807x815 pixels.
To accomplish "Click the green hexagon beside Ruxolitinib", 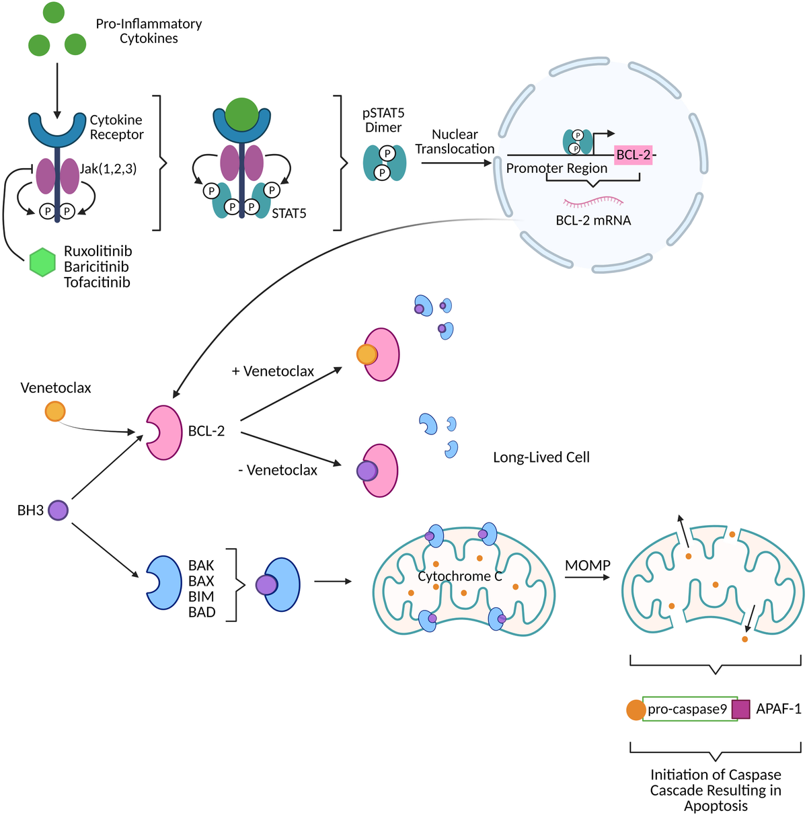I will click(x=42, y=263).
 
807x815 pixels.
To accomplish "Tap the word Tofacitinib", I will click(x=97, y=282).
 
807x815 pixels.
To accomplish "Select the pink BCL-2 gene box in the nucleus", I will click(x=633, y=155).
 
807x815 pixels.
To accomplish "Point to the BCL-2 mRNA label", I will click(x=593, y=221).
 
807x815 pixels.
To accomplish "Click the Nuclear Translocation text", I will click(x=455, y=142).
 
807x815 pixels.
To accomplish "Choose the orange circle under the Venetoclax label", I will click(x=55, y=411).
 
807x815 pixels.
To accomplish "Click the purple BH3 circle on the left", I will click(x=58, y=510).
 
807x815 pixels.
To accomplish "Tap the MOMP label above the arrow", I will click(x=587, y=566).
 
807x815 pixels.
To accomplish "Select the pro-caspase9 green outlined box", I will click(x=689, y=709).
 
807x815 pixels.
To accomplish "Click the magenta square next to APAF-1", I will click(x=740, y=709).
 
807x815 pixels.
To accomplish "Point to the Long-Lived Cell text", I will click(x=541, y=457).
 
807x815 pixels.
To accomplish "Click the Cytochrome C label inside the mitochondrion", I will click(x=460, y=576).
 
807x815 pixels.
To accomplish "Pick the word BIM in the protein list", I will click(x=201, y=596).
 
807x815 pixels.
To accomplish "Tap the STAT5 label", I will click(x=289, y=214).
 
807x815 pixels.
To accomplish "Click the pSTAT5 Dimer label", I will click(x=383, y=120).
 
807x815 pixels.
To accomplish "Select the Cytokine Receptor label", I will click(x=117, y=127).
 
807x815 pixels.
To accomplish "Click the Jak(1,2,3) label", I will click(x=108, y=169).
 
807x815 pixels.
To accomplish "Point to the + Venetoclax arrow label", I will click(x=273, y=371).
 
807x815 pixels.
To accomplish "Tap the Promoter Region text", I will click(x=557, y=168).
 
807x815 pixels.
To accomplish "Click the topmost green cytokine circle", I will click(x=54, y=12).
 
